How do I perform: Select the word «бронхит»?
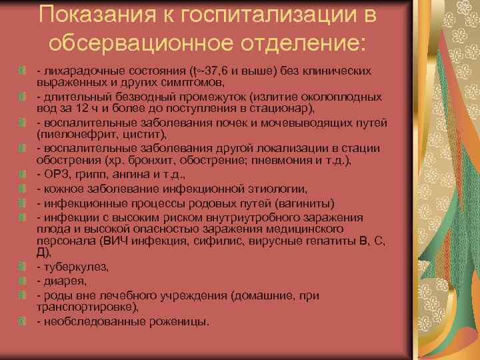[x=127, y=161]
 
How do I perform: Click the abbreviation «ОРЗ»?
[x=55, y=175]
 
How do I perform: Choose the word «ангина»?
[x=119, y=175]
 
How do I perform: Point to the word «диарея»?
[x=62, y=280]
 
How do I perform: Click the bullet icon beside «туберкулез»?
[x=23, y=266]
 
